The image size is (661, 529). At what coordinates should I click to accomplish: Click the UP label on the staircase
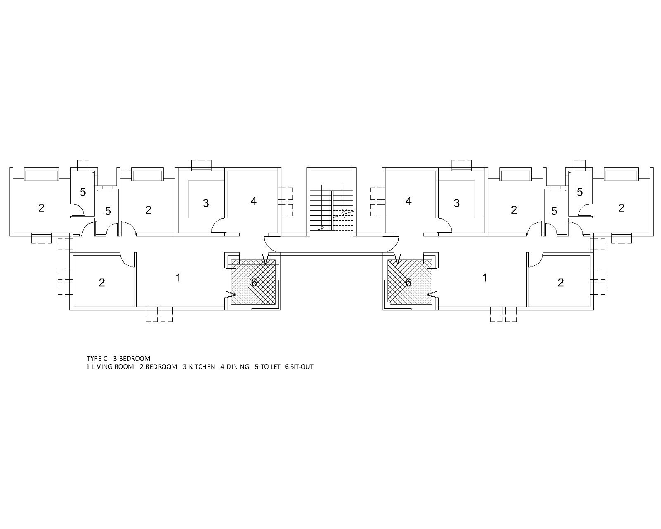(320, 228)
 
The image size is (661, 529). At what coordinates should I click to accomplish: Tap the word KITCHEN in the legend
(202, 367)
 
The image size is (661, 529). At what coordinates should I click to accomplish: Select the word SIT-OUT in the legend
(302, 367)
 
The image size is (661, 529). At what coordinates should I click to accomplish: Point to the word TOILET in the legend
(270, 367)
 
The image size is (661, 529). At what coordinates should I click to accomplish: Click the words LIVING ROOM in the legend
(113, 367)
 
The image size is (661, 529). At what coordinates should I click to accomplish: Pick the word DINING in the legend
(238, 367)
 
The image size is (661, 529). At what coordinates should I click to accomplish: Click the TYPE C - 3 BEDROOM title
(119, 358)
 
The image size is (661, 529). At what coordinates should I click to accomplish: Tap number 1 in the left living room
(178, 278)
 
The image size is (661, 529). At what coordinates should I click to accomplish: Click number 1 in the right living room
(485, 278)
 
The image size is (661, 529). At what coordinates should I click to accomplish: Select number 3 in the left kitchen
(206, 203)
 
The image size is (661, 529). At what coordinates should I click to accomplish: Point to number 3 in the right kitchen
(457, 203)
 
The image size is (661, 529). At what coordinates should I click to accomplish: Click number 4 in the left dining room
(253, 201)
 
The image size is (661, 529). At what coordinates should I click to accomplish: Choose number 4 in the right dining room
(408, 201)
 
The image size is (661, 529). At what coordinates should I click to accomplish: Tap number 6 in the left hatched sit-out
(254, 283)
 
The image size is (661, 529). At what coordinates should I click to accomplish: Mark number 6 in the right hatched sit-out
(408, 283)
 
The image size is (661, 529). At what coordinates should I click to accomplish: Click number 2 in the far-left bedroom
(41, 208)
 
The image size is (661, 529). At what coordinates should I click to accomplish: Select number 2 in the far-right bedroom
(621, 208)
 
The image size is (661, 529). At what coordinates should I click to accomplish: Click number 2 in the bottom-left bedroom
(102, 283)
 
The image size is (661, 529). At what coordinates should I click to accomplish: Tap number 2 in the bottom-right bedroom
(561, 283)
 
